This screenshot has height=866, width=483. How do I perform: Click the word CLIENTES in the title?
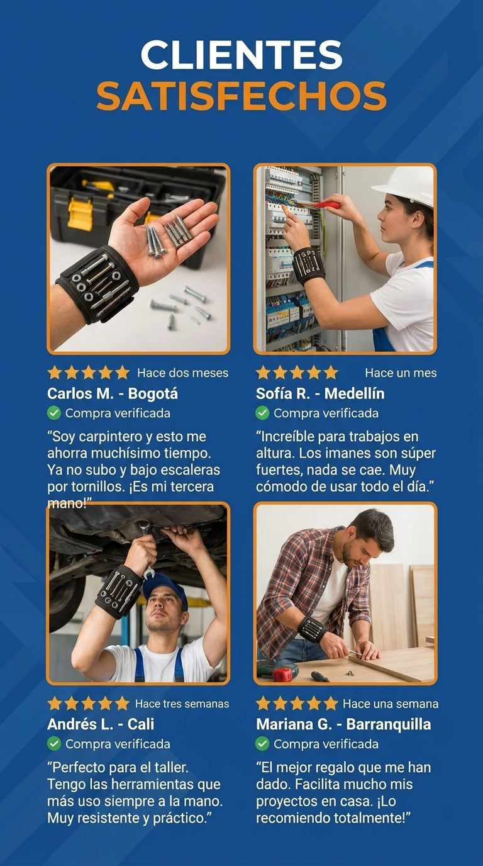[x=241, y=55]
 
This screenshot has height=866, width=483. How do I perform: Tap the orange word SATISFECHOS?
[x=241, y=96]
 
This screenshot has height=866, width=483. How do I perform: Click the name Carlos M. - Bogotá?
[x=113, y=393]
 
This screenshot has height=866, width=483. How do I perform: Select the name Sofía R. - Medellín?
[x=320, y=393]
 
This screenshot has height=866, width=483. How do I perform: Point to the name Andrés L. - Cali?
[x=101, y=724]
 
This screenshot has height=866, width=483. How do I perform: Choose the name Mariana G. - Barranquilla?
[x=343, y=724]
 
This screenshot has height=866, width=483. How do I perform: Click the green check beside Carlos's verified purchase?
[x=54, y=413]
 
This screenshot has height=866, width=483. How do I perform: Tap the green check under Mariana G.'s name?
[x=262, y=743]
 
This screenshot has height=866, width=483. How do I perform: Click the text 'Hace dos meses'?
[x=183, y=373]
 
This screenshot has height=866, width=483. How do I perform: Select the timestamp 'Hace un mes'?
[x=401, y=373]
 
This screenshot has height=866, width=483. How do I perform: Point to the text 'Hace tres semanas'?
[x=182, y=704]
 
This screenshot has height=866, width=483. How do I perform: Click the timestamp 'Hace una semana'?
[x=391, y=704]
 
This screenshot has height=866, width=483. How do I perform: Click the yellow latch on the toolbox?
[x=80, y=214]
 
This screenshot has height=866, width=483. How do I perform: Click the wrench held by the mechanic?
[x=147, y=549]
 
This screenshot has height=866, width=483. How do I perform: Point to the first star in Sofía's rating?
[x=263, y=373]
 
